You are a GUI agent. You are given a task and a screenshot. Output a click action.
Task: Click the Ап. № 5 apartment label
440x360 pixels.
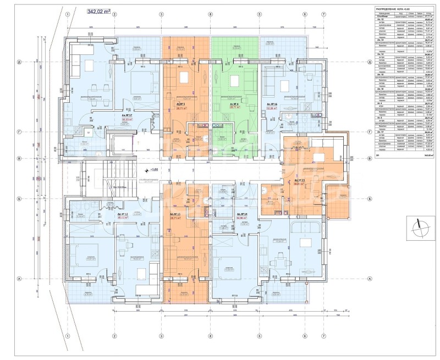179,103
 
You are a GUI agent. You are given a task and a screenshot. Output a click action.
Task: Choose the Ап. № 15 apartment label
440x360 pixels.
299,181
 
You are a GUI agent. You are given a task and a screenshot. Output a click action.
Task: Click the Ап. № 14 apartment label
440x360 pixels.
241,214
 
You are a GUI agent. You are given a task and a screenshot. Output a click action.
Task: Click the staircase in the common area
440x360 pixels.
102,176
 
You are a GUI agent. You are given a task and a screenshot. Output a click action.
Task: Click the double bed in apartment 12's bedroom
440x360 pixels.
86,253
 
